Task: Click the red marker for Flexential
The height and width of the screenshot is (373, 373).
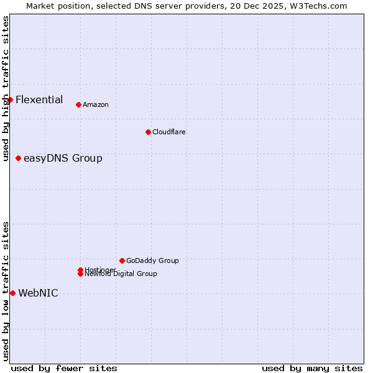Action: [10, 99]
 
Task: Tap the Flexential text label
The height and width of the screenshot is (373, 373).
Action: [39, 99]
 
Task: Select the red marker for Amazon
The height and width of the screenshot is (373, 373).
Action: [78, 104]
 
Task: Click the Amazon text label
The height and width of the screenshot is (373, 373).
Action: [95, 104]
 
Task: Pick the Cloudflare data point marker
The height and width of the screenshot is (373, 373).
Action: [148, 132]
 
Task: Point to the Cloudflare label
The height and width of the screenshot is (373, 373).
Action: [168, 132]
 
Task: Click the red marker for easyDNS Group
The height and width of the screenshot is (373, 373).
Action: [19, 158]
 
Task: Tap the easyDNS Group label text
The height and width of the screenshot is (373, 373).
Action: [63, 158]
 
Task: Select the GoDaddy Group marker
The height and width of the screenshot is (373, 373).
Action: [122, 260]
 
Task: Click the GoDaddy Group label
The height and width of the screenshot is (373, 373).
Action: [152, 260]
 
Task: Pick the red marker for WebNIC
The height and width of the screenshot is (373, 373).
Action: [12, 293]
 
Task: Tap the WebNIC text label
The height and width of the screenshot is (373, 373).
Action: [38, 293]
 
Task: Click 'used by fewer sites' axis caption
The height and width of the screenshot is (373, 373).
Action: [64, 368]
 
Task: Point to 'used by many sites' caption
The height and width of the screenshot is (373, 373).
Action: [312, 368]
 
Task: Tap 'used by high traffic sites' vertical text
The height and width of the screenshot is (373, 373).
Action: [6, 89]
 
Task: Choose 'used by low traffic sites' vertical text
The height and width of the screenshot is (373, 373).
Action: [6, 290]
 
